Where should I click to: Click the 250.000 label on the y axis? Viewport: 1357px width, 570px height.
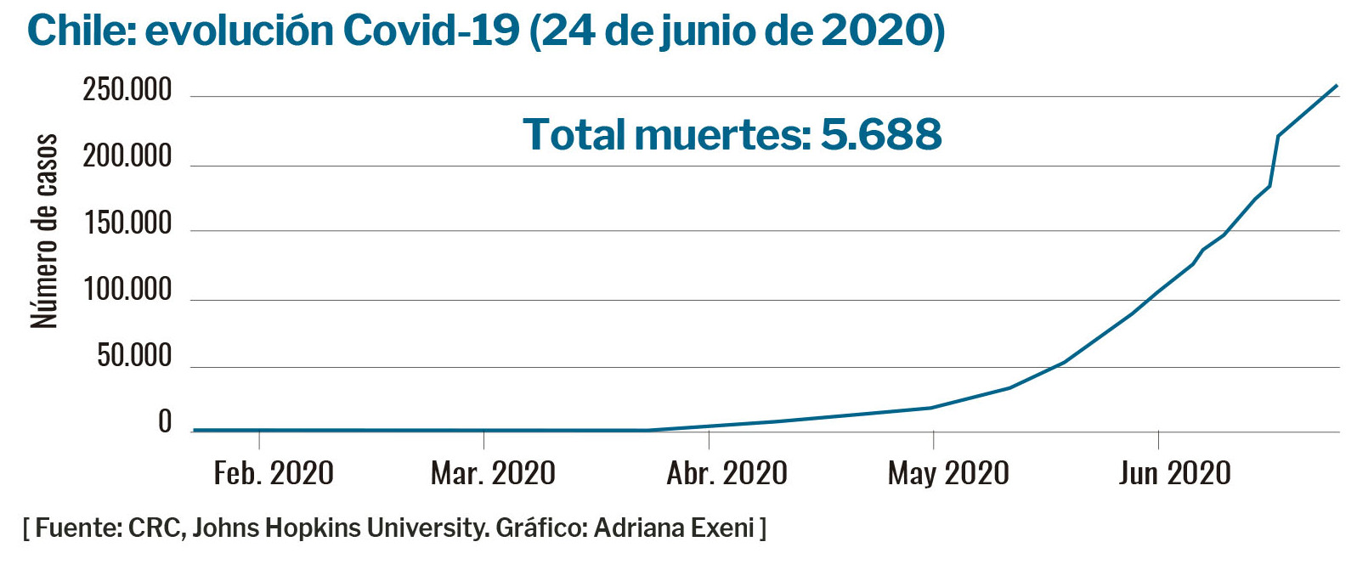(127, 90)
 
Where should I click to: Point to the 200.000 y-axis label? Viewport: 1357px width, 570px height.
(127, 157)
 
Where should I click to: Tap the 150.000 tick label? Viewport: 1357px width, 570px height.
(127, 223)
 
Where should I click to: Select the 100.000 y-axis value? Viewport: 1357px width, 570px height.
(127, 291)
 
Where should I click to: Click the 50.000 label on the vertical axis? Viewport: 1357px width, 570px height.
(134, 356)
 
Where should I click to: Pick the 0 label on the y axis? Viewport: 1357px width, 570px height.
(165, 422)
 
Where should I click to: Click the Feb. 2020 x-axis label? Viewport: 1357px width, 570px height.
(274, 473)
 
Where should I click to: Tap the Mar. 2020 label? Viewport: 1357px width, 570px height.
(493, 473)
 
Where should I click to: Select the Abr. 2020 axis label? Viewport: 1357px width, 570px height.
(727, 473)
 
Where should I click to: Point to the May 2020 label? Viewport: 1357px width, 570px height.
(948, 473)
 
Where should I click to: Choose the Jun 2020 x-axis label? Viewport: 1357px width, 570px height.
(1174, 473)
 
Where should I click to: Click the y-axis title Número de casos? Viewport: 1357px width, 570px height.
(44, 231)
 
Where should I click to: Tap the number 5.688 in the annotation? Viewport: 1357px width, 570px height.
(881, 134)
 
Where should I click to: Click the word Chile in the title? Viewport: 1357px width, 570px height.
(78, 31)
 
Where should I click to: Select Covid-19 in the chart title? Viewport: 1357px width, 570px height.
(431, 31)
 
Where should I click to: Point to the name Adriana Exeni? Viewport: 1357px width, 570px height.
(674, 528)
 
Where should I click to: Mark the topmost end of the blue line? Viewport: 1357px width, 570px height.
(1337, 85)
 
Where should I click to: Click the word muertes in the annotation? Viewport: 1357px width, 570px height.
(721, 134)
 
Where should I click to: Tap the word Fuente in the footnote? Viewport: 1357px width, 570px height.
(76, 528)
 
